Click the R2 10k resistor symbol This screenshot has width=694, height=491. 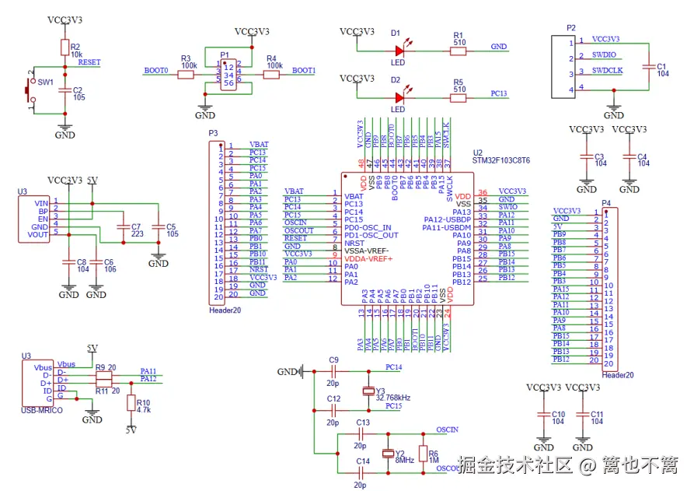(65, 48)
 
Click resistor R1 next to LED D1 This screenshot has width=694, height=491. (459, 51)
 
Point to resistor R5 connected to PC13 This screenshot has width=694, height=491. (459, 97)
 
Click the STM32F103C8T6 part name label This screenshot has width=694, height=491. (501, 160)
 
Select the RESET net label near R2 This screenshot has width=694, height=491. (89, 62)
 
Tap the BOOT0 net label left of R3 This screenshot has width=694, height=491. (156, 71)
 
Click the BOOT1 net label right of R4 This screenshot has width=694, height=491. (304, 71)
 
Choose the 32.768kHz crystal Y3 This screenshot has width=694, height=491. (368, 391)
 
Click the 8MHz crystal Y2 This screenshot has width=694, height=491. (388, 454)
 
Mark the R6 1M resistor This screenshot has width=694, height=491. (423, 454)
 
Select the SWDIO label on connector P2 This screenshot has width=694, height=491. (604, 56)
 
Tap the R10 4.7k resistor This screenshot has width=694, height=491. (131, 406)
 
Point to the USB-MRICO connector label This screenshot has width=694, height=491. (42, 410)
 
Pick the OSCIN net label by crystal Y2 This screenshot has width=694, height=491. (447, 430)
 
